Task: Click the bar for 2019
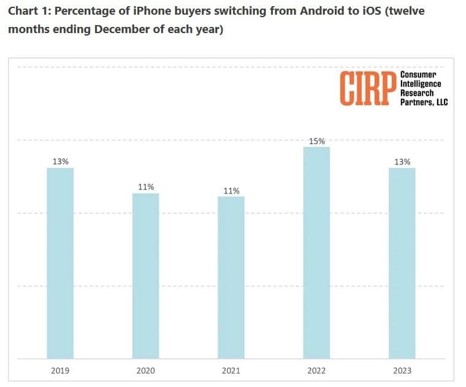[60, 263]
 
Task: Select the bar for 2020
[146, 276]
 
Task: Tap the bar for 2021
[231, 277]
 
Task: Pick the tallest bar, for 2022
[316, 252]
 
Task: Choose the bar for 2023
[402, 263]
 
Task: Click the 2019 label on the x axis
[60, 371]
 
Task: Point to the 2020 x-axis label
[146, 371]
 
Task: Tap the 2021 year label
[231, 371]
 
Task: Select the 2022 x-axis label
[316, 371]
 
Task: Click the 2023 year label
[402, 371]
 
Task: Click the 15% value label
[316, 141]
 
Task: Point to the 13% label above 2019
[60, 162]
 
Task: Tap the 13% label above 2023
[402, 162]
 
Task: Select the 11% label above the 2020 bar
[146, 187]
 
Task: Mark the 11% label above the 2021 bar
[231, 190]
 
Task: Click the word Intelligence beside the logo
[421, 83]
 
